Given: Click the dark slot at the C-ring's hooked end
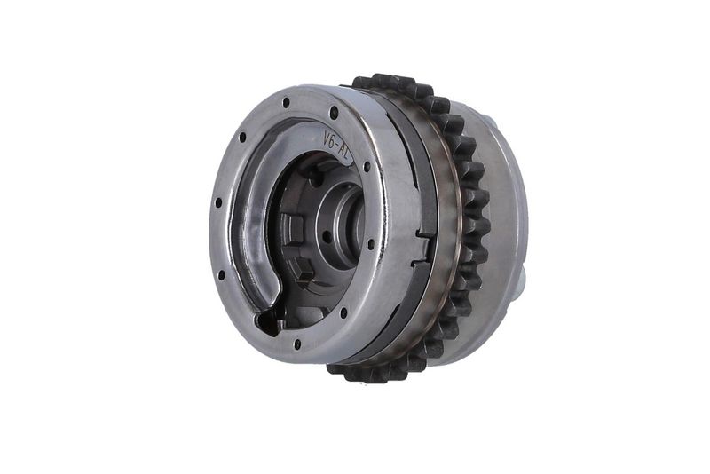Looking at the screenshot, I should pyautogui.click(x=268, y=318).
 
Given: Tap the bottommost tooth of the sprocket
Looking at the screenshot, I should pyautogui.click(x=355, y=374).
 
